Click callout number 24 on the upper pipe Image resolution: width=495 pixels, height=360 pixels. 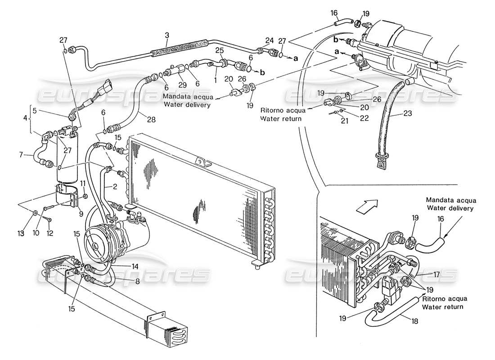pyautogui.click(x=270, y=40)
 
